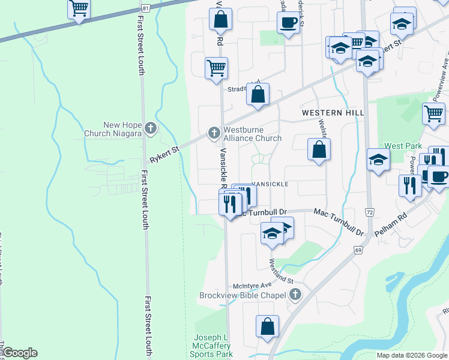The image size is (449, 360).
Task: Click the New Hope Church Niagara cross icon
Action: click(150, 128)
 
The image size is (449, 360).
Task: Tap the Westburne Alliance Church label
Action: click(252, 133)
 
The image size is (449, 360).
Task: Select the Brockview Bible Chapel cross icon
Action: click(294, 295)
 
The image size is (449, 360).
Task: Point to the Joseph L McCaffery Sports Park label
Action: click(212, 346)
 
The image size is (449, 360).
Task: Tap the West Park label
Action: click(403, 146)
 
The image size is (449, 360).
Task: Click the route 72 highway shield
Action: click(369, 212)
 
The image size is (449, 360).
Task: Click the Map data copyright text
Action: click(412, 355)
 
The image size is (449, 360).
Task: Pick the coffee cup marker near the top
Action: click(288, 23)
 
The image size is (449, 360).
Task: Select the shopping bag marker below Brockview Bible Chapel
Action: click(268, 327)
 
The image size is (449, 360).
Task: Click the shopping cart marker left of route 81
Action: click(79, 9)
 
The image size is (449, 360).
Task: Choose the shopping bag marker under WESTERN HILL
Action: click(319, 150)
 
